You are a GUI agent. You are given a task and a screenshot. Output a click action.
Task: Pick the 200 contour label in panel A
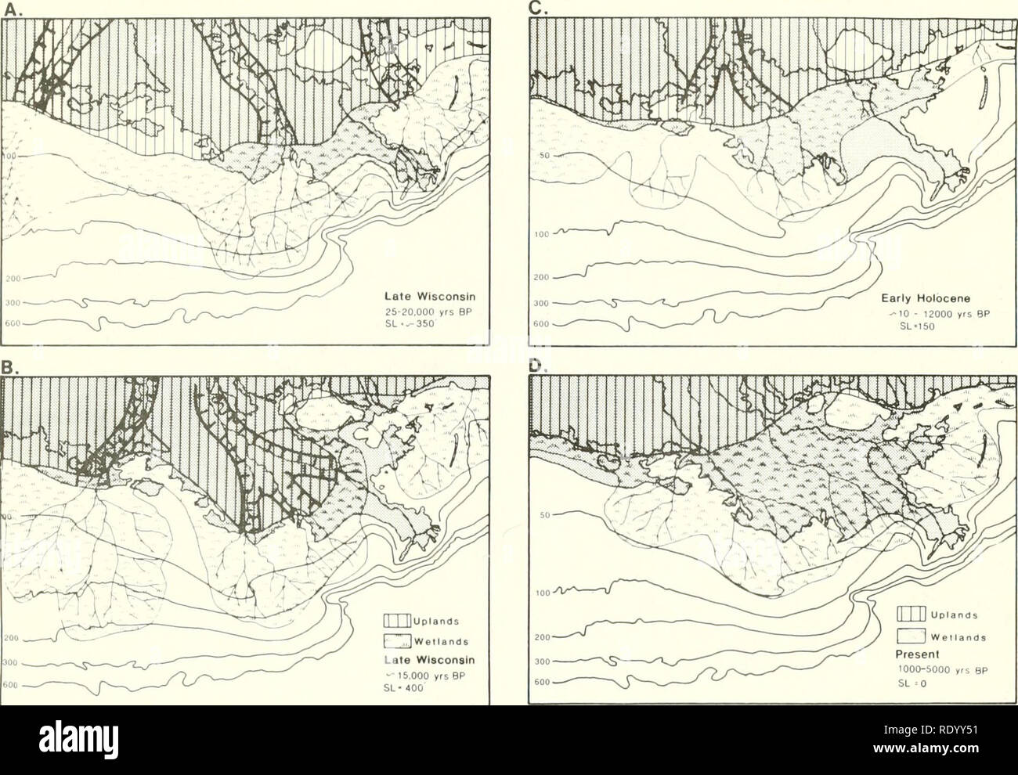[x=10, y=278]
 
